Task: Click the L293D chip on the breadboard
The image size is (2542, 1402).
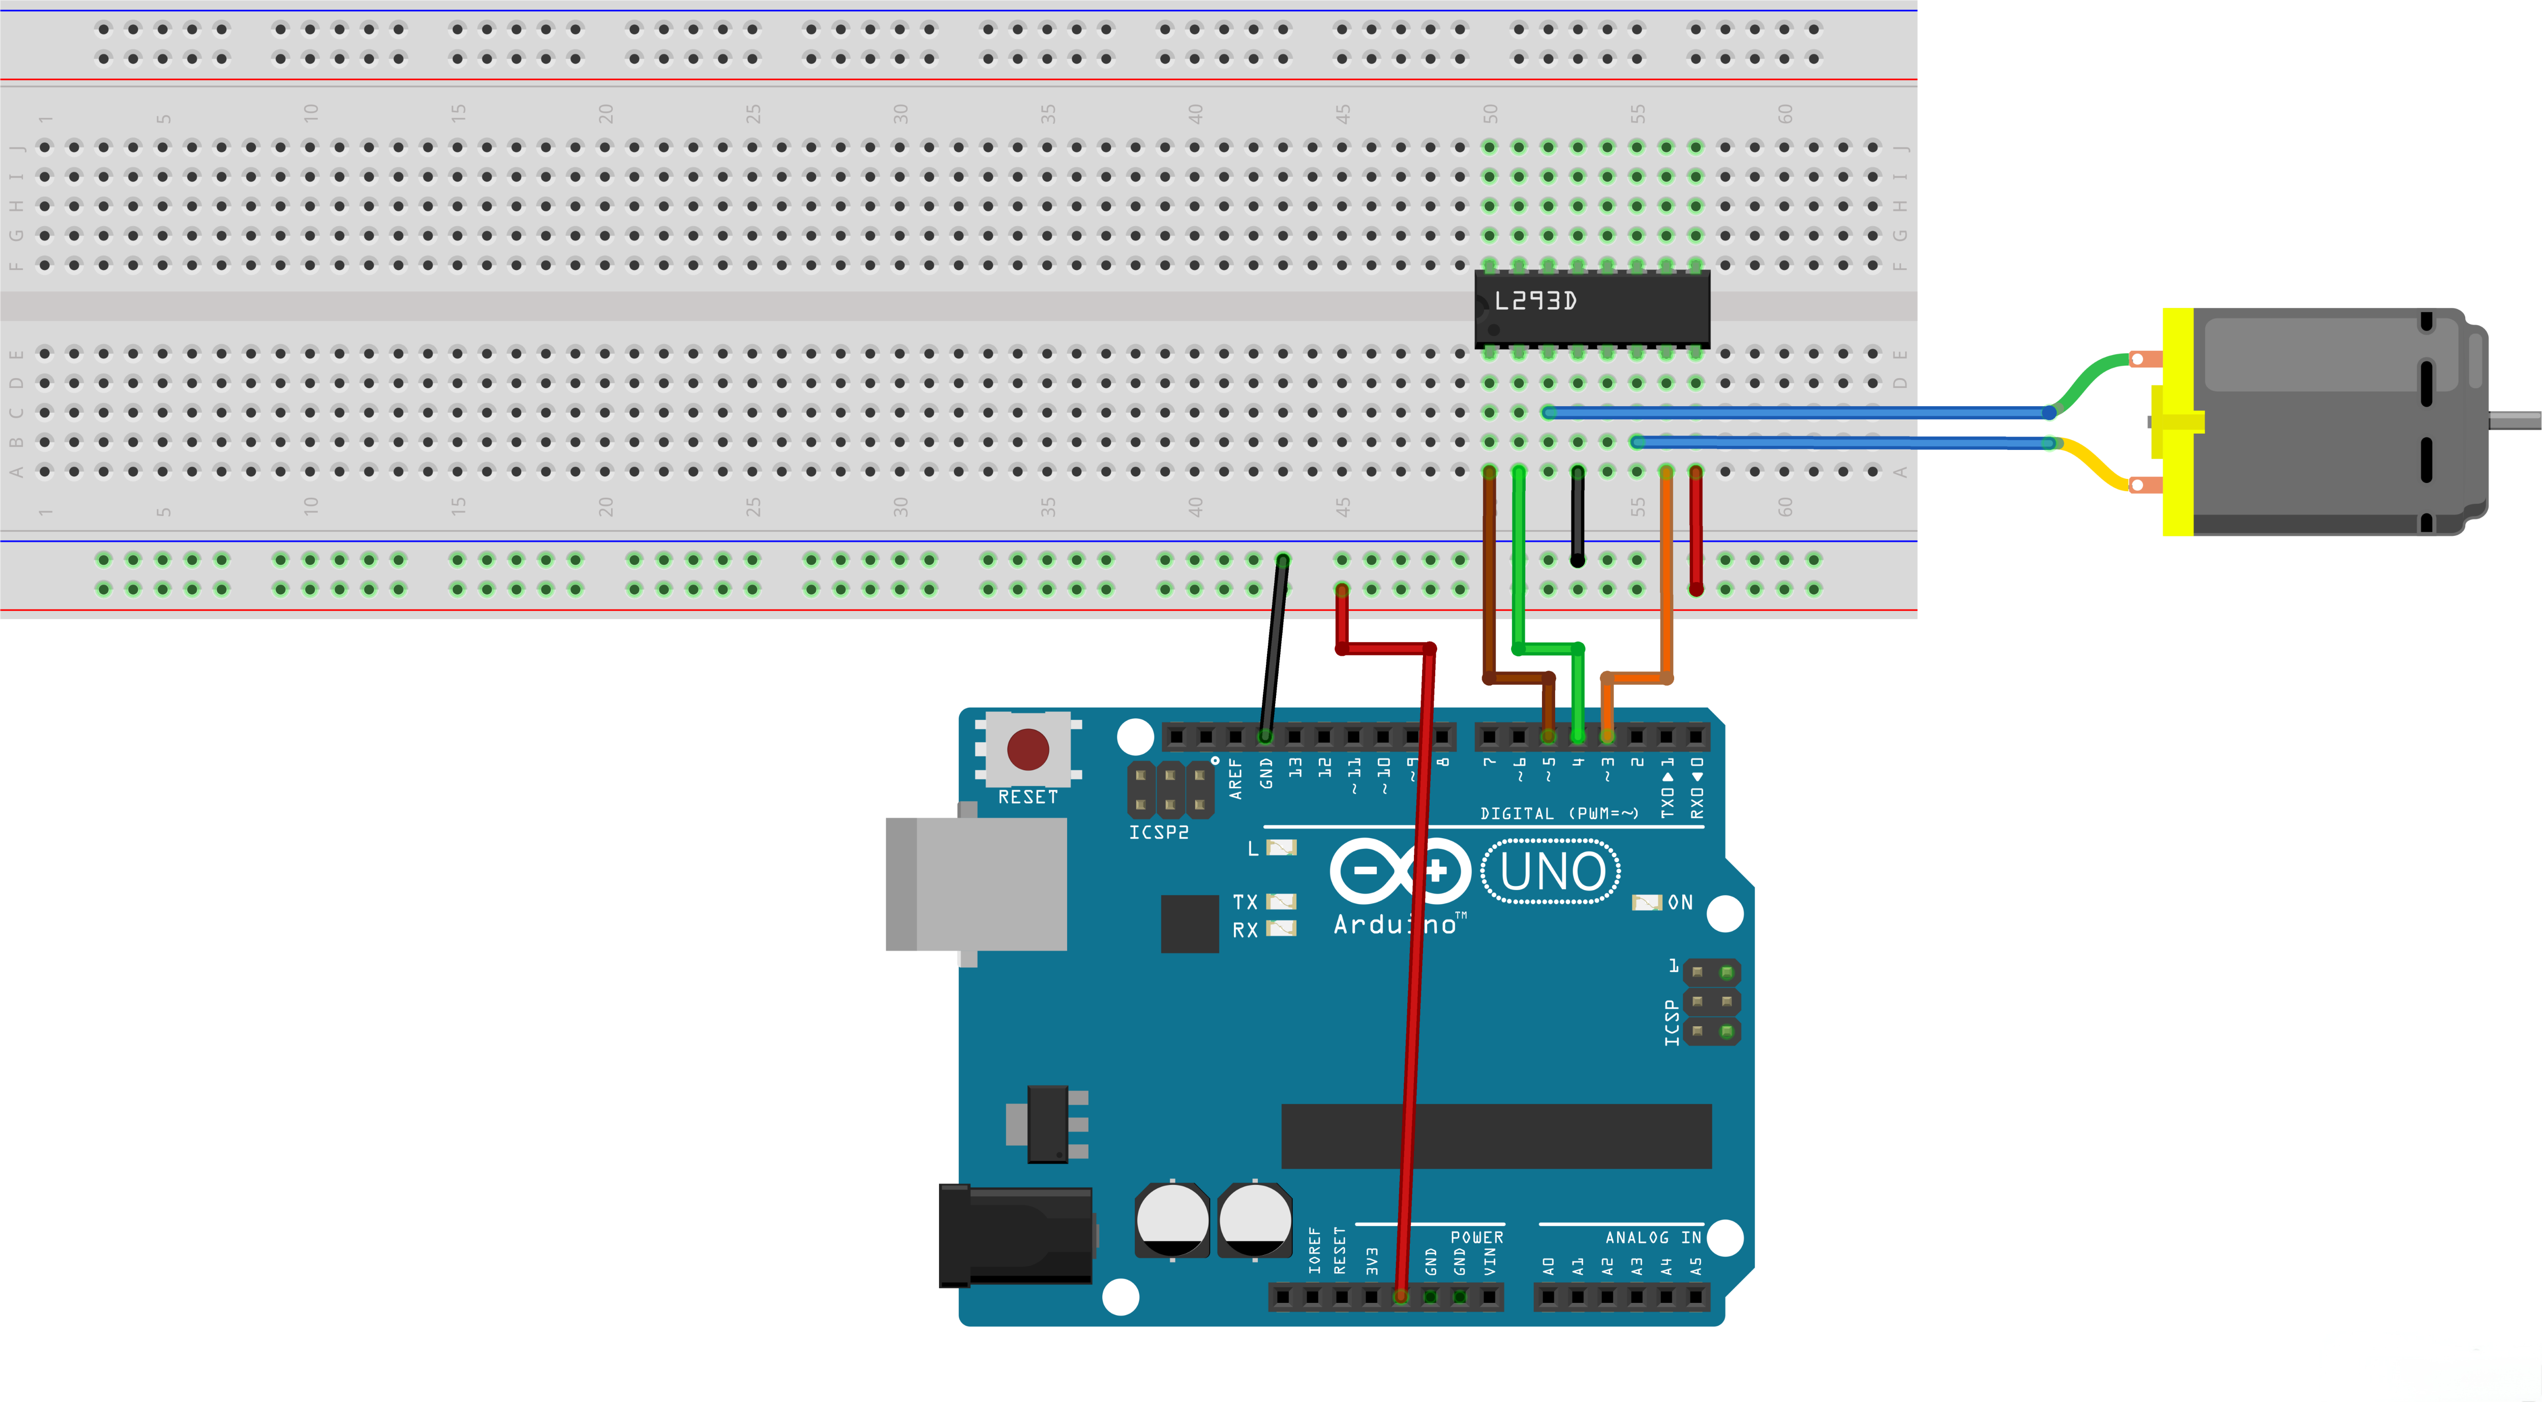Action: point(1591,308)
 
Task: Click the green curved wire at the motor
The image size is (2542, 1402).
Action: point(2092,376)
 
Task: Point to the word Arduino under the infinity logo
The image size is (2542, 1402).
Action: point(1394,925)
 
